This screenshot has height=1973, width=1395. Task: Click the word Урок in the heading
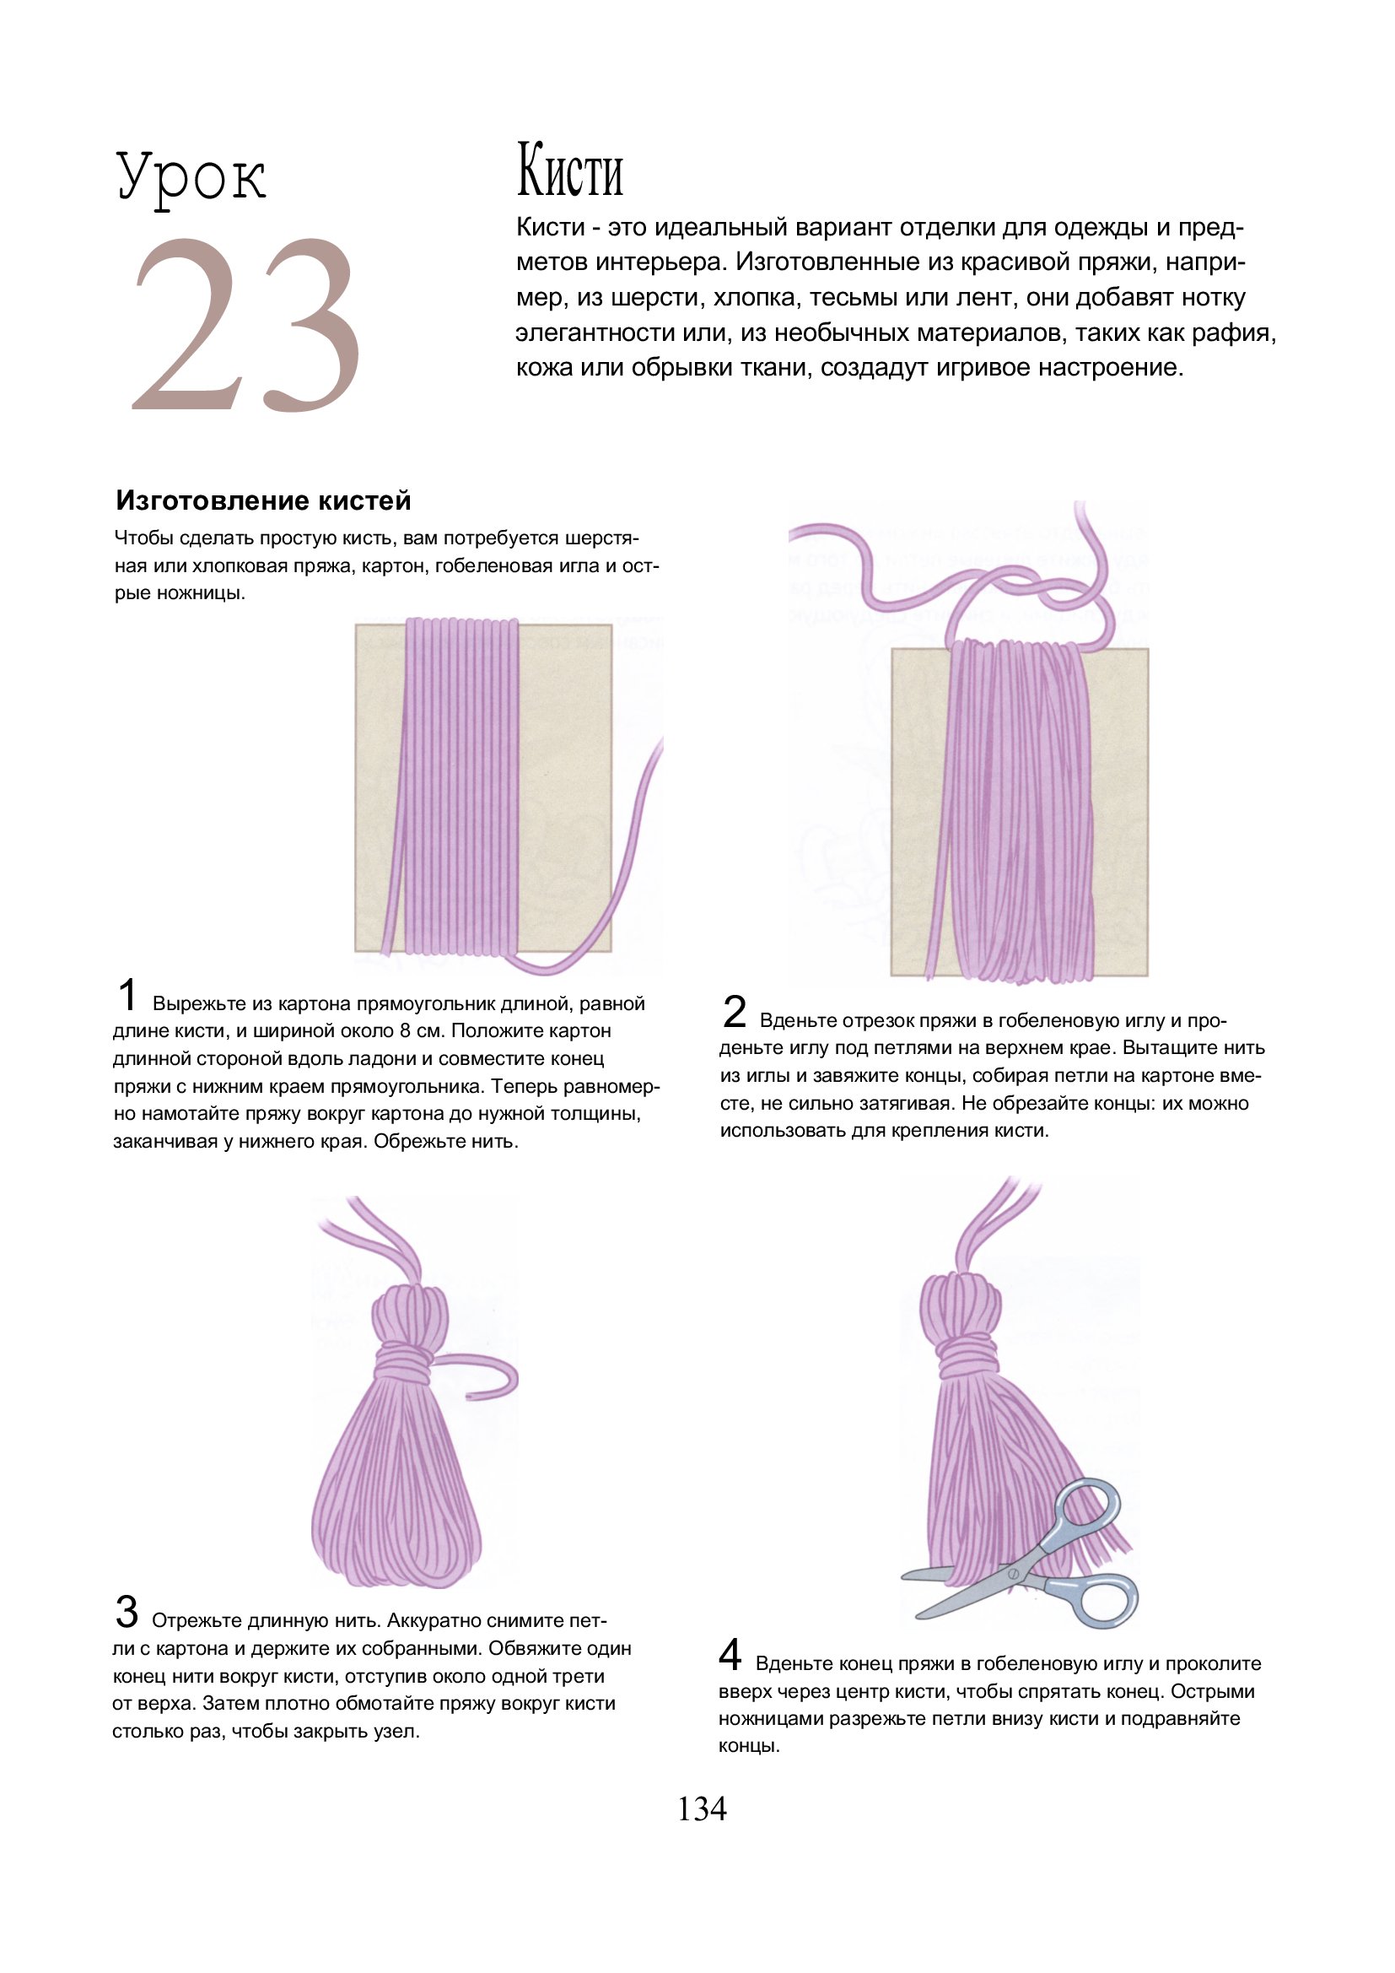click(191, 178)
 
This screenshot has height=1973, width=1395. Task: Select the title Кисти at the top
click(569, 171)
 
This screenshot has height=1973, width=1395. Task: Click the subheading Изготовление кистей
click(264, 500)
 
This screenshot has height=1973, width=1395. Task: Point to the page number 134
click(702, 1809)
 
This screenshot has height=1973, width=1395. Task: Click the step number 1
click(127, 995)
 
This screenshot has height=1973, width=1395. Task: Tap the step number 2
click(735, 1012)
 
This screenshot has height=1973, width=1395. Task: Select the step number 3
click(127, 1611)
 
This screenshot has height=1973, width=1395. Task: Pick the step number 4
click(730, 1654)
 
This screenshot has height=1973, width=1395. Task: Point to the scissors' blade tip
click(902, 1576)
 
